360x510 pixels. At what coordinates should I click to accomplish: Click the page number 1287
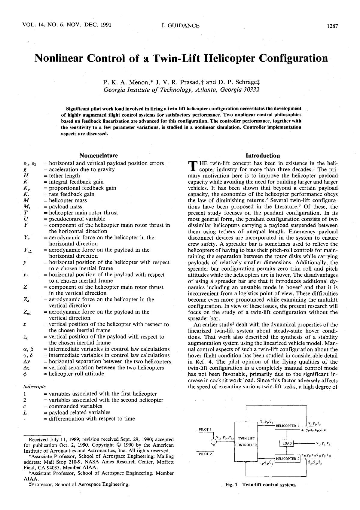click(x=332, y=26)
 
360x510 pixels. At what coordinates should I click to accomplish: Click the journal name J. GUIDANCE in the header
click(x=180, y=26)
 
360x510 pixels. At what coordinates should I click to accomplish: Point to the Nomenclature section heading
click(x=99, y=155)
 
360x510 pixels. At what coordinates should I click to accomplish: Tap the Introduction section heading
click(x=263, y=156)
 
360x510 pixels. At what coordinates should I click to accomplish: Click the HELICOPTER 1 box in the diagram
click(x=287, y=426)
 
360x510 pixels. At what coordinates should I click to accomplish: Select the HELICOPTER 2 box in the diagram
click(x=288, y=459)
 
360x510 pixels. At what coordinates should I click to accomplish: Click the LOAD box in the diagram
click(x=287, y=443)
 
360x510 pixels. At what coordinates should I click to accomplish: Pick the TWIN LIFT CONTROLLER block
click(x=246, y=442)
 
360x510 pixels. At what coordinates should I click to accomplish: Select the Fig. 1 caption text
click(x=261, y=484)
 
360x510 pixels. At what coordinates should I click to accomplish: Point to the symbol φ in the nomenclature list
click(x=26, y=374)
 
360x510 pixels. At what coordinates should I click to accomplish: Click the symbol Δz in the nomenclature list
click(x=26, y=368)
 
